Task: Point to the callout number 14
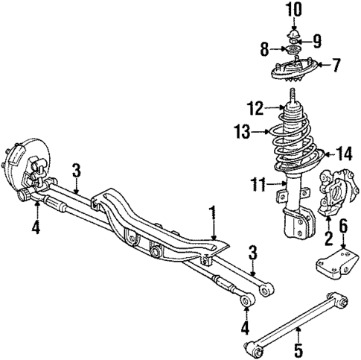(343, 155)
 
